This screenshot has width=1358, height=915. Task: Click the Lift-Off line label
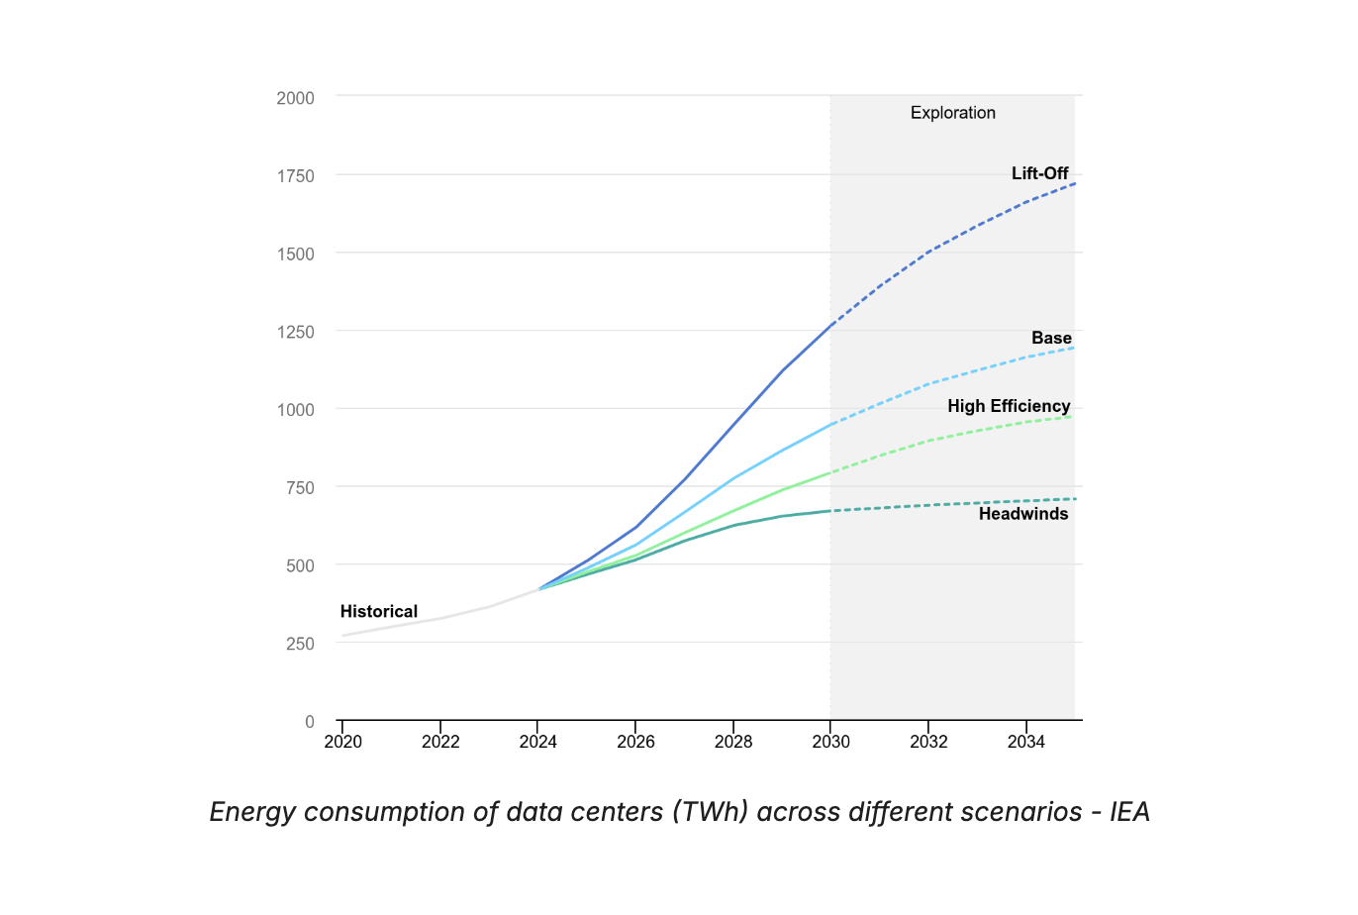1039,173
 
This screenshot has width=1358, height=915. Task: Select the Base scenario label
1051,338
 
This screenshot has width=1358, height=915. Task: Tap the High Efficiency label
1009,406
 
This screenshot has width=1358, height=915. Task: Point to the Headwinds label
1023,514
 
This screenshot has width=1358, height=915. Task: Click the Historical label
378,611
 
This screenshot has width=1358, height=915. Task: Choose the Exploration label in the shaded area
952,113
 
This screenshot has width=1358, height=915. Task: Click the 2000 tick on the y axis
295,98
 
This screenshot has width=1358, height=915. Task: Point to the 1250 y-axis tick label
295,332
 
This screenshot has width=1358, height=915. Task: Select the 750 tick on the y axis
299,487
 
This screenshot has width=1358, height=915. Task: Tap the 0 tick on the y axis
309,722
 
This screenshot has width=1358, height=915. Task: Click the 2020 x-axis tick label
342,742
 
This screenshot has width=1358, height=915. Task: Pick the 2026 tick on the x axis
635,742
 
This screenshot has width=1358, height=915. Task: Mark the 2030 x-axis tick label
830,742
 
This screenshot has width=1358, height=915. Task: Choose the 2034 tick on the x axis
1025,742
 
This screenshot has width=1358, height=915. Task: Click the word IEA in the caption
1129,812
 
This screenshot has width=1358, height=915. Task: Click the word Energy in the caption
252,812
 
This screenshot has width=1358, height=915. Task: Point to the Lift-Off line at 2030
830,325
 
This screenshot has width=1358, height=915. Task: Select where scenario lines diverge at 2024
538,589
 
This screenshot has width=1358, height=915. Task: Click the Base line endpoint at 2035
1074,348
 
